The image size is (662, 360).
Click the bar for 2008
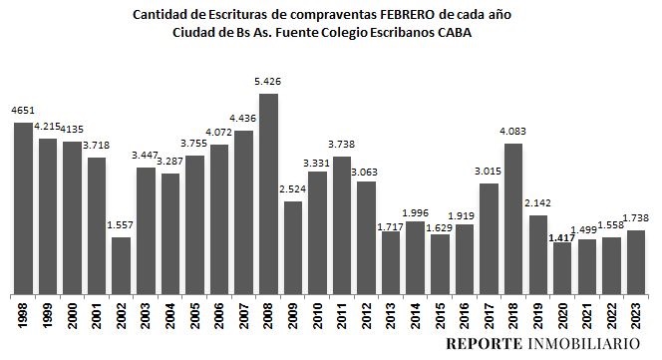tap(268, 190)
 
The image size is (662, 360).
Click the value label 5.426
tap(269, 82)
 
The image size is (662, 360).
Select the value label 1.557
tap(121, 225)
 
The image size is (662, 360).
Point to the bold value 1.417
tap(562, 238)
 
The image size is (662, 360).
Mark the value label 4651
tap(21, 111)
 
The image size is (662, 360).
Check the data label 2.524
tap(293, 190)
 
